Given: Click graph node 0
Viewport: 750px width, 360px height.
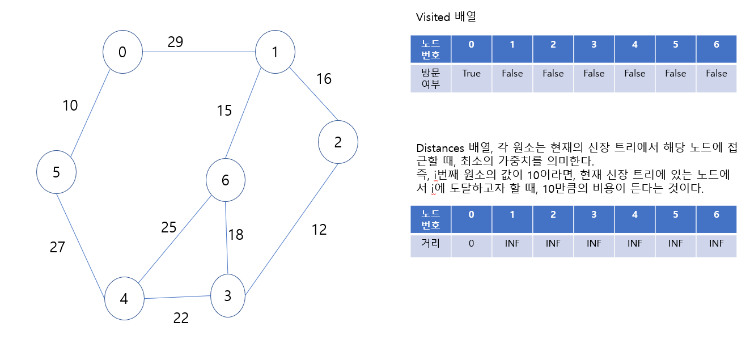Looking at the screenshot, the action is point(122,52).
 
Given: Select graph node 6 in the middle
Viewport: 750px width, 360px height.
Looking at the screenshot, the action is point(226,180).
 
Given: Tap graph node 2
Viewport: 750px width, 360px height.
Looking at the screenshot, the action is point(338,142).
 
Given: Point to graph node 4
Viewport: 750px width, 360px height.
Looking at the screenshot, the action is point(124,298).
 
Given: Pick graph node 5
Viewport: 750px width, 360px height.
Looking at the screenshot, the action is point(56,172).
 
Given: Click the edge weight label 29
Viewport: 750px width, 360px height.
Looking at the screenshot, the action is point(175,42).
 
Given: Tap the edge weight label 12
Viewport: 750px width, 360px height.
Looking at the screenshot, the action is point(319,230).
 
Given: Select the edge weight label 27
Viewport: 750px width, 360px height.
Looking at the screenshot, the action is point(57,247).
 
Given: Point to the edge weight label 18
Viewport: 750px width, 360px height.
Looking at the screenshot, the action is point(236,235).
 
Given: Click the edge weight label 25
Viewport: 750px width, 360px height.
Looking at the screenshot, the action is point(169,227).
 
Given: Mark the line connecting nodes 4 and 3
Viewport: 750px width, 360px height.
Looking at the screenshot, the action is point(177,298).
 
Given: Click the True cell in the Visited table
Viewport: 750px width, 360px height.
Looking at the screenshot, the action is point(471,74).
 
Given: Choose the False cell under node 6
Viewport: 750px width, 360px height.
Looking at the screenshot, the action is point(717,74).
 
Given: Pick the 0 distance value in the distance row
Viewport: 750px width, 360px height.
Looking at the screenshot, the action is point(471,243).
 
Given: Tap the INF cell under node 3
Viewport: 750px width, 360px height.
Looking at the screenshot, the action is point(594,243).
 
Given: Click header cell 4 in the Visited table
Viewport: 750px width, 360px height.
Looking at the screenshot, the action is point(635,45).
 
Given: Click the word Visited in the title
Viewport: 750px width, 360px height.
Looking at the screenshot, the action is point(433,17).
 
